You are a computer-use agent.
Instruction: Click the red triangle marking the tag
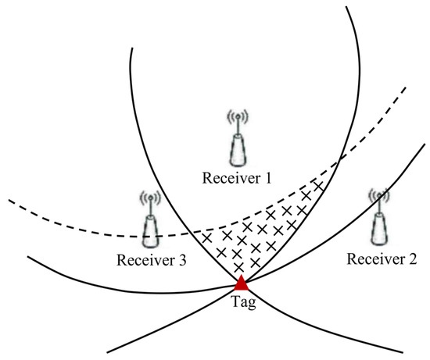pyautogui.click(x=241, y=283)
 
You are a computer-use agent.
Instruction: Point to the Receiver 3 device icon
pyautogui.click(x=149, y=226)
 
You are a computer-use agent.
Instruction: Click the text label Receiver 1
pyautogui.click(x=236, y=179)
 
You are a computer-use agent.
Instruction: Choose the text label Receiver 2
pyautogui.click(x=382, y=258)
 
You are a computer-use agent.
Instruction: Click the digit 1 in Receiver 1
pyautogui.click(x=267, y=179)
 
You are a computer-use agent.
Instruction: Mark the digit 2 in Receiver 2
pyautogui.click(x=413, y=258)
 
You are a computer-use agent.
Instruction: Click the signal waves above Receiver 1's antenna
pyautogui.click(x=236, y=118)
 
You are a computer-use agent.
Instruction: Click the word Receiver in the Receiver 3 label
pyautogui.click(x=142, y=260)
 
